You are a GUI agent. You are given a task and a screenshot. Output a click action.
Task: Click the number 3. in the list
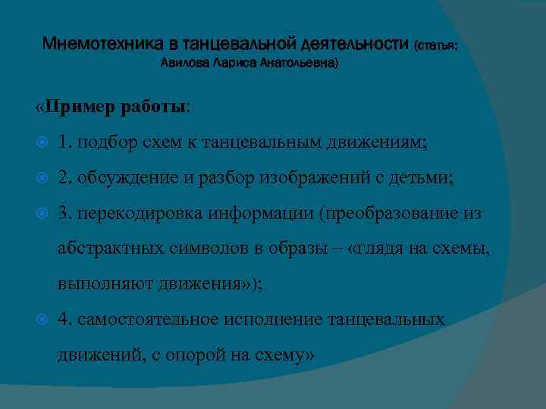65,214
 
